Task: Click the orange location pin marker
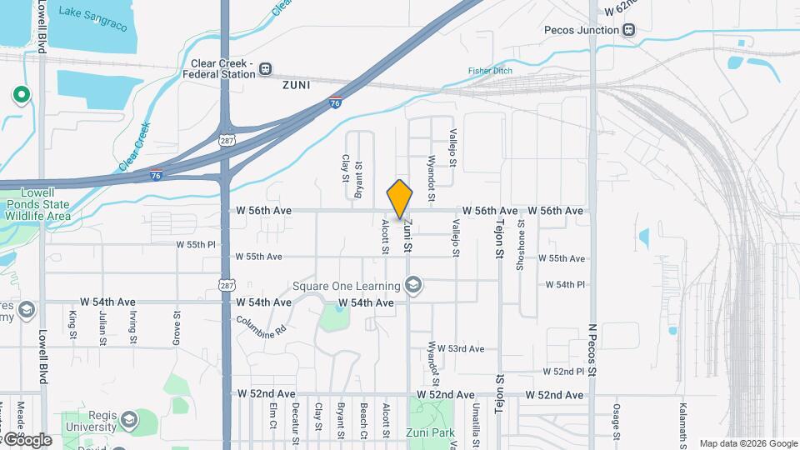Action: click(x=400, y=199)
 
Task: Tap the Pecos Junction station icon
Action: click(x=629, y=30)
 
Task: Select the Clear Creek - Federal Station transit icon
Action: click(x=266, y=68)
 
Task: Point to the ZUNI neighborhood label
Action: click(x=296, y=85)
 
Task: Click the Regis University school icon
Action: click(x=128, y=418)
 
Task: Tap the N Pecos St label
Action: click(x=593, y=350)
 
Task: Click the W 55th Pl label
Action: click(x=196, y=245)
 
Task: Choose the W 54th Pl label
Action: click(x=565, y=284)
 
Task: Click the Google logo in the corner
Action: click(x=27, y=440)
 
